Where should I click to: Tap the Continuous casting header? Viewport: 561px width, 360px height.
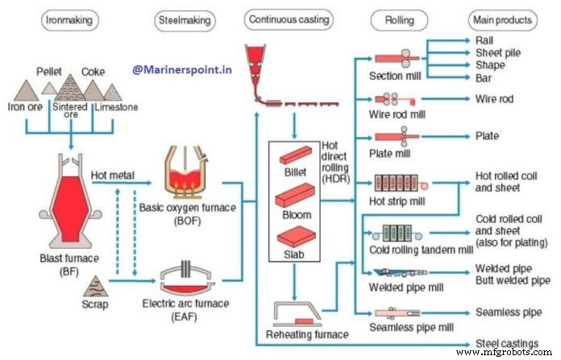pos(288,19)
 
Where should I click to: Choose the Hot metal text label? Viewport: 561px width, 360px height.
pos(112,173)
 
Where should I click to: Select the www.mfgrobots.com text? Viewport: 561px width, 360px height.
pos(506,353)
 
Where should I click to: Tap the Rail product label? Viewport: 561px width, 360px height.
pos(484,39)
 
